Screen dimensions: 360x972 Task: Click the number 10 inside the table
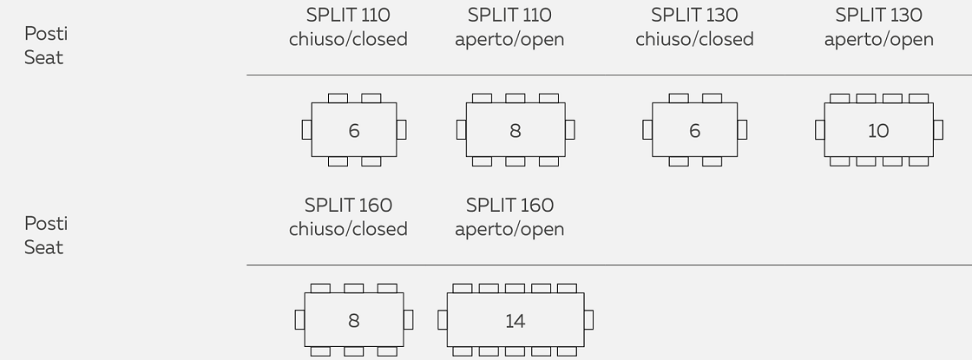coord(878,131)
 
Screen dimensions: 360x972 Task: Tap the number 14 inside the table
coord(515,321)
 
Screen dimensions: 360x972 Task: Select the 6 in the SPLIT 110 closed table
coord(353,131)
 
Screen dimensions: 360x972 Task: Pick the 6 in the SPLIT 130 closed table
coord(694,131)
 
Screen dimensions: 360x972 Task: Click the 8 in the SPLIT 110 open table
coord(515,131)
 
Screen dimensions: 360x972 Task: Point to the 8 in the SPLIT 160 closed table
coord(353,321)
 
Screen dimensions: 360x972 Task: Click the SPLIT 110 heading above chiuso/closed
coord(348,16)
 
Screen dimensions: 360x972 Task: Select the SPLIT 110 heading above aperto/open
coord(509,16)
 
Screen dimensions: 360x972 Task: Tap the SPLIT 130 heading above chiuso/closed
coord(694,16)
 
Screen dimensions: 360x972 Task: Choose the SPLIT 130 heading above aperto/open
coord(878,16)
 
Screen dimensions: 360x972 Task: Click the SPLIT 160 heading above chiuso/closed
coord(348,206)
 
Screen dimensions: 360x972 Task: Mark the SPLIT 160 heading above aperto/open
coord(509,206)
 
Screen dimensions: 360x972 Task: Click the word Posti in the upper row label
coord(46,34)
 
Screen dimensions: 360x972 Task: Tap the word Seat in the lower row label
coord(43,248)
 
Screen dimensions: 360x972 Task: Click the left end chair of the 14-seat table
coord(443,320)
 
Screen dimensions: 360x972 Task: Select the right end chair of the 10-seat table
coord(938,130)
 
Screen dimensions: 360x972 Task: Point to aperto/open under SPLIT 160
coord(509,229)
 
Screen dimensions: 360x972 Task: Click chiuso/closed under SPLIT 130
coord(694,39)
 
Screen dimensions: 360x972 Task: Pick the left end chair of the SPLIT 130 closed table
coord(647,130)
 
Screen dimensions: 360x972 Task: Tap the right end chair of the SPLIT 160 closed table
coord(408,320)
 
